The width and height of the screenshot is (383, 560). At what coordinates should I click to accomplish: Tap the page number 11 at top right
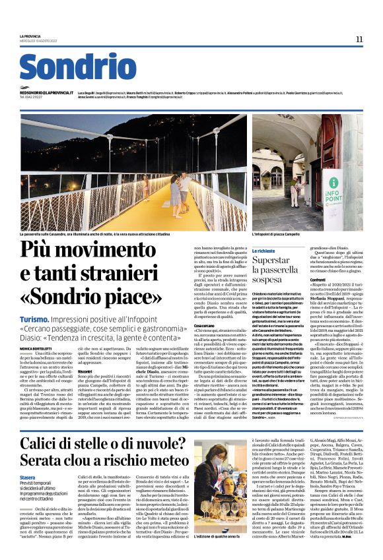(359, 39)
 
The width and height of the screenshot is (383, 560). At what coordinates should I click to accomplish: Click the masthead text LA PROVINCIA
(31, 36)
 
